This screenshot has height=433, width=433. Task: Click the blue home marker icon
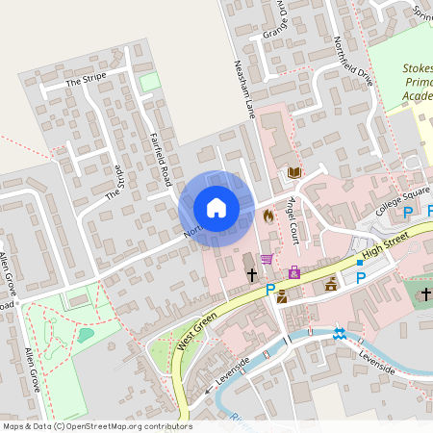pyautogui.click(x=216, y=208)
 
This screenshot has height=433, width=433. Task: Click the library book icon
pyautogui.click(x=293, y=173)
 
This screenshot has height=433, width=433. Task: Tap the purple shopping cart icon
pyautogui.click(x=267, y=259)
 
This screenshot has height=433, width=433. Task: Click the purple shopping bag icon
pyautogui.click(x=293, y=272)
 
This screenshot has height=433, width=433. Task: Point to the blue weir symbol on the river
pyautogui.click(x=339, y=334)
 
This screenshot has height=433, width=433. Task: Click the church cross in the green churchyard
pyautogui.click(x=426, y=293)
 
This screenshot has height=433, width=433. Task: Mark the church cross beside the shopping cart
pyautogui.click(x=251, y=275)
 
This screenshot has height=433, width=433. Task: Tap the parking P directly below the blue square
pyautogui.click(x=361, y=278)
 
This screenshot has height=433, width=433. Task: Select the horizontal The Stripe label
pyautogui.click(x=85, y=84)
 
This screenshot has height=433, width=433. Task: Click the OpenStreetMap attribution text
pyautogui.click(x=96, y=426)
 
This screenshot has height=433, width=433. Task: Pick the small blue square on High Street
pyautogui.click(x=360, y=262)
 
